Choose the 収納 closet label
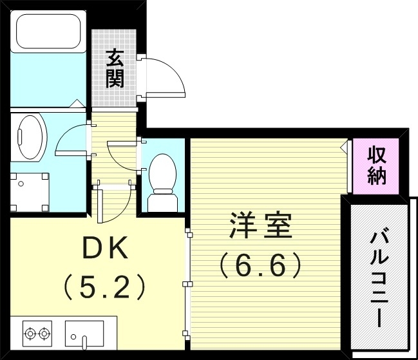pyautogui.click(x=377, y=166)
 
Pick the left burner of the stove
pyautogui.click(x=30, y=334)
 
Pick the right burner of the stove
pyautogui.click(x=44, y=334)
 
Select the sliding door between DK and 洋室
pyautogui.click(x=187, y=283)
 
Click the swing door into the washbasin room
pyautogui.click(x=71, y=138)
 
